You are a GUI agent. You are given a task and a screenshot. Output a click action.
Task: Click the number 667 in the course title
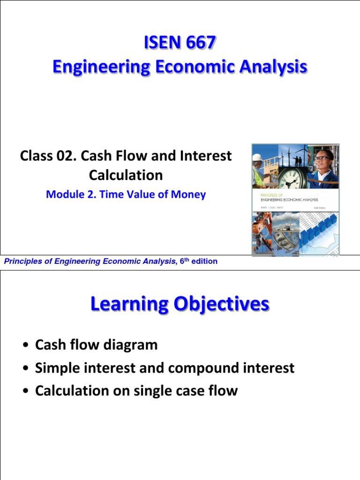(197, 43)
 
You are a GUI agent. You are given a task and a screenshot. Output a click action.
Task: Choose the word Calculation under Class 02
(126, 175)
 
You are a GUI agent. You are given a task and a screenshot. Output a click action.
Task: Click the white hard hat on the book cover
(258, 157)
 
